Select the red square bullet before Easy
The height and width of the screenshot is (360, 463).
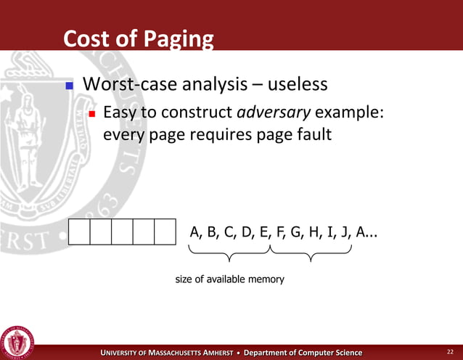coord(92,114)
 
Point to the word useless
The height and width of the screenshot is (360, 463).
coord(298,85)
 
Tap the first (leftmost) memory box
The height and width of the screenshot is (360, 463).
coord(79,232)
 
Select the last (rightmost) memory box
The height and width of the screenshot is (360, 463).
coord(166,232)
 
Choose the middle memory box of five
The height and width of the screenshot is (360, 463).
coord(123,232)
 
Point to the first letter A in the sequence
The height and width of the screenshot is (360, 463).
coord(195,232)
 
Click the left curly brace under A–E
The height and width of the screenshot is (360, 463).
coord(229,254)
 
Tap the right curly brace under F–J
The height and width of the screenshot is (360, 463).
coord(311,254)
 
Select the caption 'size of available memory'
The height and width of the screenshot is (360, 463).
coord(229,279)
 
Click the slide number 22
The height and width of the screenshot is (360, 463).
coord(449,352)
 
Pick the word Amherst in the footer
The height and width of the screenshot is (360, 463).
coord(211,353)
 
